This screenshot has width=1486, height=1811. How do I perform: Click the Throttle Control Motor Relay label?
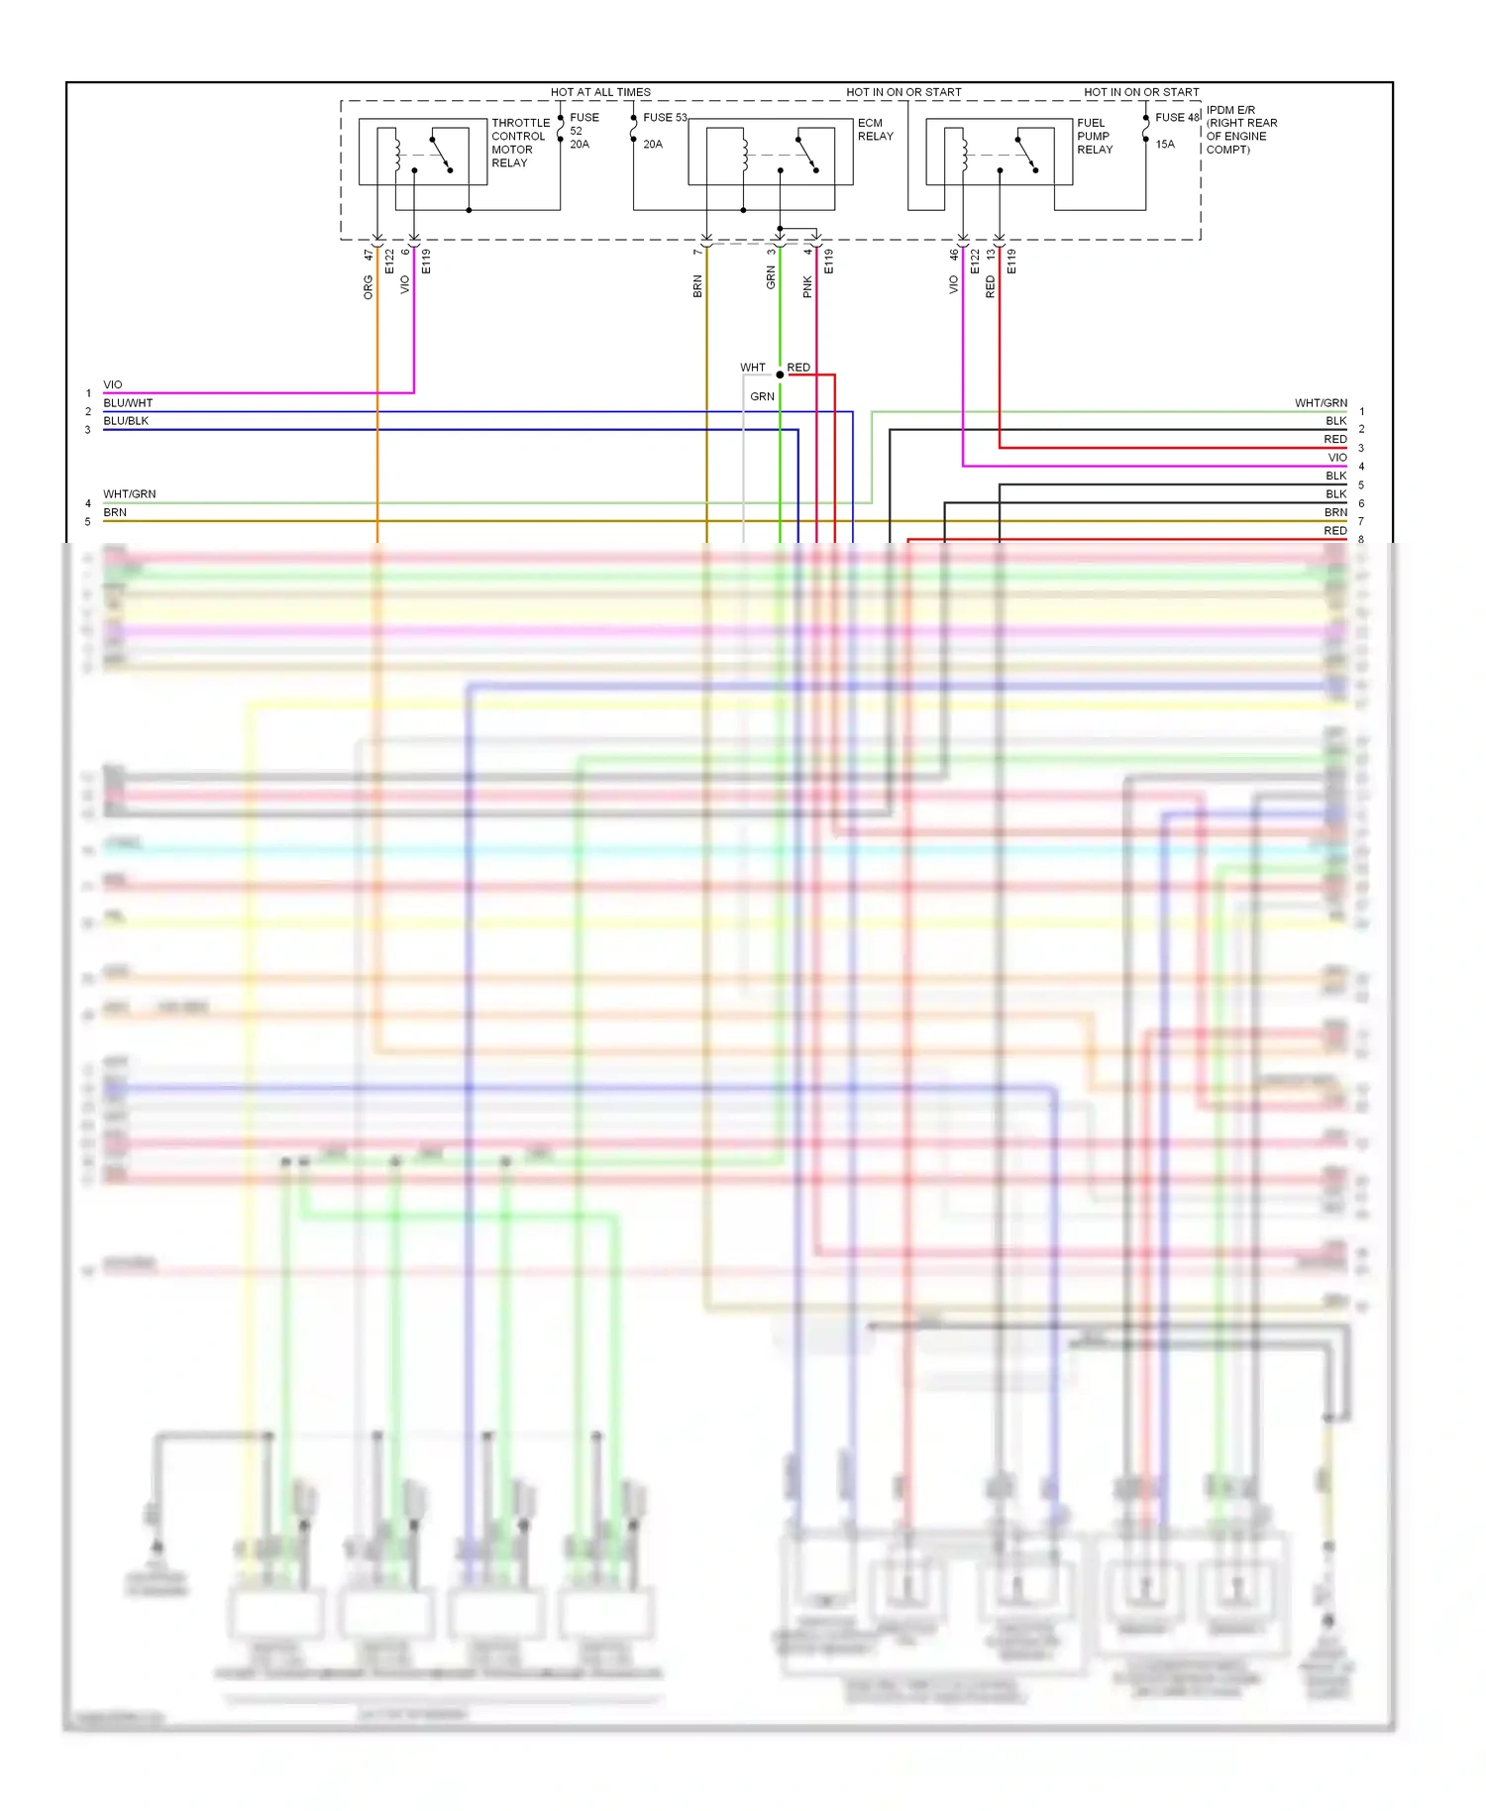(520, 143)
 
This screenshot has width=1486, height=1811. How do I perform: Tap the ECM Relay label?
(875, 130)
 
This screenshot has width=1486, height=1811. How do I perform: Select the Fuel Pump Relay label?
(1095, 137)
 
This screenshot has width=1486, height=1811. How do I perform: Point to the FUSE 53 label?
(665, 117)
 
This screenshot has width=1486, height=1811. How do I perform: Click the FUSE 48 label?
(1177, 117)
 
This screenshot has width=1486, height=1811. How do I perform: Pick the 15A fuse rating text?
(1165, 144)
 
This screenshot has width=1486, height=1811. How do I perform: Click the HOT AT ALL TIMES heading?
(600, 92)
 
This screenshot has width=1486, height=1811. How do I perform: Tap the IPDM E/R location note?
(1241, 130)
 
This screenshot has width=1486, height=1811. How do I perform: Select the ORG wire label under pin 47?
(369, 287)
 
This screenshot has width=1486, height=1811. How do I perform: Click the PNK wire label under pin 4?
(807, 286)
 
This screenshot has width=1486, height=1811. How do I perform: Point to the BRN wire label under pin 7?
(697, 286)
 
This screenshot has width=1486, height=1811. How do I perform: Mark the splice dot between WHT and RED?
(780, 374)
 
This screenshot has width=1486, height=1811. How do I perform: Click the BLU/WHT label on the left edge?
(128, 403)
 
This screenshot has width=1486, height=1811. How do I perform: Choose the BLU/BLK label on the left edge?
(126, 421)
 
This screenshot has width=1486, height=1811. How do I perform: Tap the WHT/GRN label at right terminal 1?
(1321, 403)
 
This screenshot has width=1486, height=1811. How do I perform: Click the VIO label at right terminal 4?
(1337, 458)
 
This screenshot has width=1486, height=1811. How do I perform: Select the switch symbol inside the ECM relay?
(807, 155)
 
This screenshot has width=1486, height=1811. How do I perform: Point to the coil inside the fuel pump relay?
(963, 153)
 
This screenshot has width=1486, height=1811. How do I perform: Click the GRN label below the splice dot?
(762, 396)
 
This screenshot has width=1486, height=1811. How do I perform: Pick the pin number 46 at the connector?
(954, 255)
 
